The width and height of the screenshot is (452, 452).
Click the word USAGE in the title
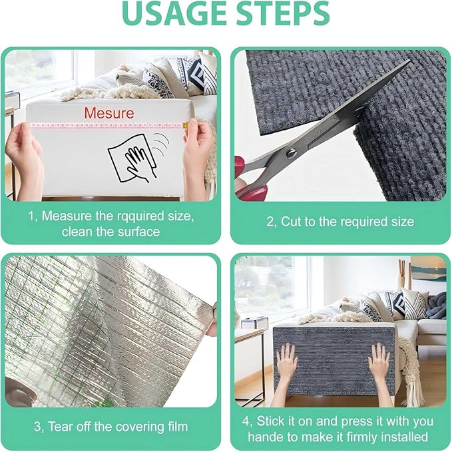(x=172, y=15)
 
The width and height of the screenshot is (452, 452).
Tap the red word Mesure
(x=109, y=113)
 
